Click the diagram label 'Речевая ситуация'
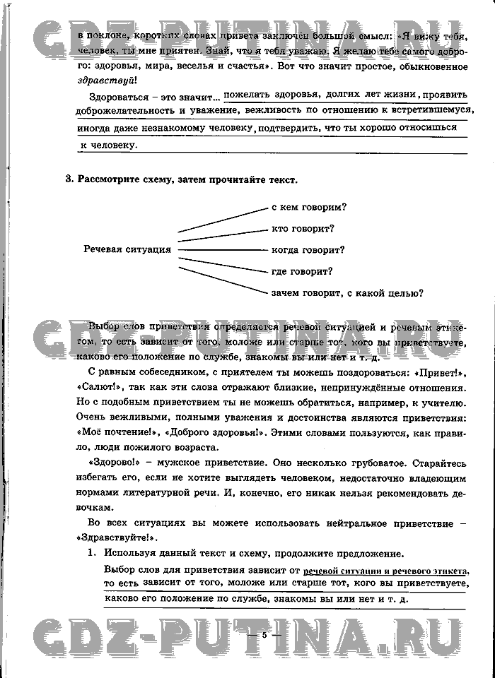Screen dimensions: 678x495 pyautogui.click(x=127, y=249)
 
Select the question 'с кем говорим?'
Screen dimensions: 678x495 pyautogui.click(x=309, y=207)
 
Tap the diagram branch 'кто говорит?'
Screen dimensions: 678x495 pyautogui.click(x=303, y=228)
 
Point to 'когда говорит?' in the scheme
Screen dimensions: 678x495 pyautogui.click(x=308, y=249)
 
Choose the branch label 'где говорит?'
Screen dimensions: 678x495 pyautogui.click(x=302, y=270)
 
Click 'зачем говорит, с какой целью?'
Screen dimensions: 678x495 pyautogui.click(x=347, y=292)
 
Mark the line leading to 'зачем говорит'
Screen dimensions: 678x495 pyautogui.click(x=223, y=276)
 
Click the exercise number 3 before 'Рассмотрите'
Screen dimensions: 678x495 pyautogui.click(x=69, y=179)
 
